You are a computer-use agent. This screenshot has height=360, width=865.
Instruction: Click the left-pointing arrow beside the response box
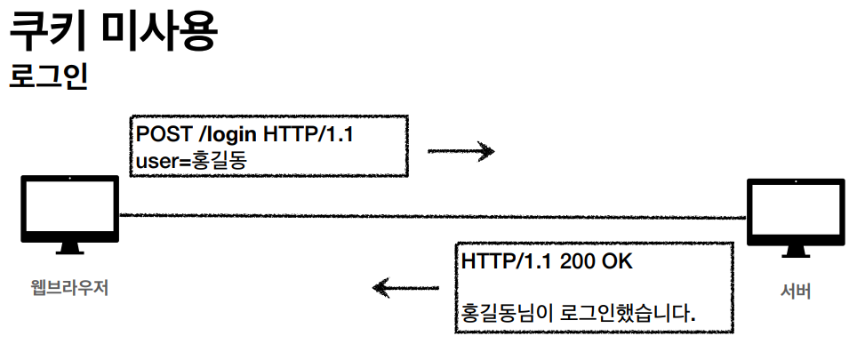point(405,287)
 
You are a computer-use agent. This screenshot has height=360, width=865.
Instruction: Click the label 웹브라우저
point(69,288)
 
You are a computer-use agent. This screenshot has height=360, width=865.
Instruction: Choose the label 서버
point(795,291)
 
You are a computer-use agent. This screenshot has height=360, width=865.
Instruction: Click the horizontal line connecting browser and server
point(427,216)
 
